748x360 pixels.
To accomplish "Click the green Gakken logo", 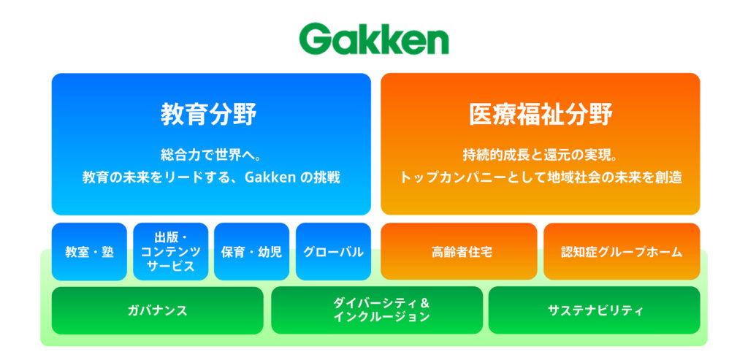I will [374, 39].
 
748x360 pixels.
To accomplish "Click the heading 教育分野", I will [210, 114].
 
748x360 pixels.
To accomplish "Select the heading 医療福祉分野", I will [540, 114].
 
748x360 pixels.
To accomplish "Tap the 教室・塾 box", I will [89, 252].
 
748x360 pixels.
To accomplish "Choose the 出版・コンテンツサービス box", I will [170, 252].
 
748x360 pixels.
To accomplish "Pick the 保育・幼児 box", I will [251, 252].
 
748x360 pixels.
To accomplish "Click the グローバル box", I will [333, 252].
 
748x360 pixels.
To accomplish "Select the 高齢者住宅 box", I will [459, 252].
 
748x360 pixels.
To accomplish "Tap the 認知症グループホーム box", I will [622, 252].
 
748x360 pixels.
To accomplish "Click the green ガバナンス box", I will [157, 310].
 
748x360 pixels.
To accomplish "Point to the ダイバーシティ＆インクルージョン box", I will [377, 310].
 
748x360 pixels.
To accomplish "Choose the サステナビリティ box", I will [594, 310].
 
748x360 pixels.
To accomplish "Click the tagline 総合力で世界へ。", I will [210, 155].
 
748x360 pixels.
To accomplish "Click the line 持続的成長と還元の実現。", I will [540, 155].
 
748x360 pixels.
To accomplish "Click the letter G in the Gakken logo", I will [315, 39].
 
